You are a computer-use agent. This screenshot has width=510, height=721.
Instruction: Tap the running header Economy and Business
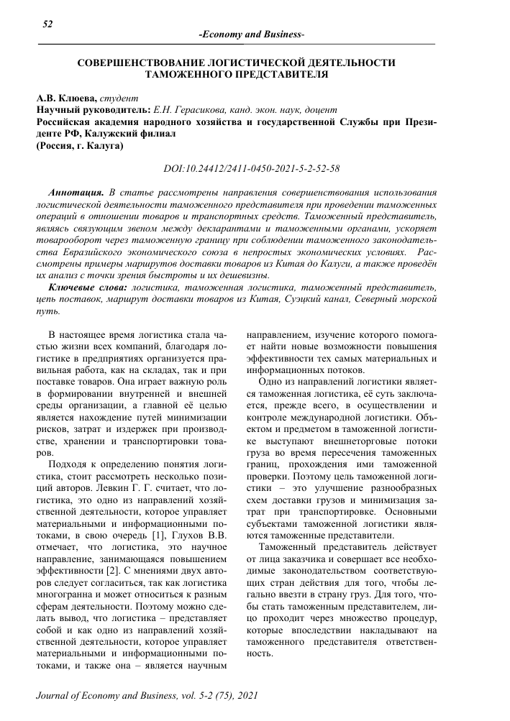click(x=250, y=35)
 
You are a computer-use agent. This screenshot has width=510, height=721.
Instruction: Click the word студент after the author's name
click(x=124, y=98)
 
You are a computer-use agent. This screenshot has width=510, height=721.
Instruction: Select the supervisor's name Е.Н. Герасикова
click(x=186, y=110)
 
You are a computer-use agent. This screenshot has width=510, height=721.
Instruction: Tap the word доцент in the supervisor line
click(x=320, y=110)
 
